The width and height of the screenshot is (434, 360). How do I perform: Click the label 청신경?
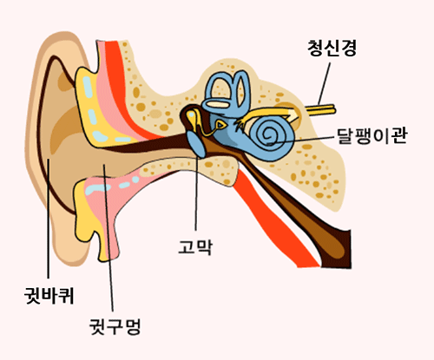(332, 48)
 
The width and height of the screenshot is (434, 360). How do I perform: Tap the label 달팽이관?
(372, 135)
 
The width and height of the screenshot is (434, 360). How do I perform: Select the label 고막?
(195, 246)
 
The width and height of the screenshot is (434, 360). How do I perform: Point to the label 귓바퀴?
(49, 295)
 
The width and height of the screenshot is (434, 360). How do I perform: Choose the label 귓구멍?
(115, 326)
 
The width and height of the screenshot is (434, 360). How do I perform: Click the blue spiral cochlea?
(272, 138)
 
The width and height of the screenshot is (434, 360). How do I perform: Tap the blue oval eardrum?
(196, 144)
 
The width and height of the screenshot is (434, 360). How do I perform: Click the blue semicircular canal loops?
(227, 94)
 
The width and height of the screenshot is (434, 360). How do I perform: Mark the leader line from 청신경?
(324, 83)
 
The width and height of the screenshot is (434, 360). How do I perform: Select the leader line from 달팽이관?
(300, 140)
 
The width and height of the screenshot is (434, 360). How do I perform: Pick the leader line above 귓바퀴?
(48, 219)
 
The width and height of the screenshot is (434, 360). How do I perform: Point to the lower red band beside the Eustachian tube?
(275, 219)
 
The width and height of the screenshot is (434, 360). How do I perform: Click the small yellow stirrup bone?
(221, 124)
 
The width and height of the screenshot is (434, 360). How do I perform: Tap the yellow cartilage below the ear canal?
(87, 219)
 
